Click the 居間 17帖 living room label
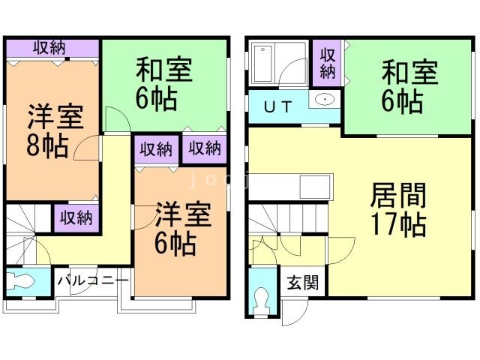(398, 210)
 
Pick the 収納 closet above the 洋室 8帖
(49, 48)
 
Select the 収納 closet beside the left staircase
(76, 217)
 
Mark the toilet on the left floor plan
(22, 283)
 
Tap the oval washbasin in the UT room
(325, 100)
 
